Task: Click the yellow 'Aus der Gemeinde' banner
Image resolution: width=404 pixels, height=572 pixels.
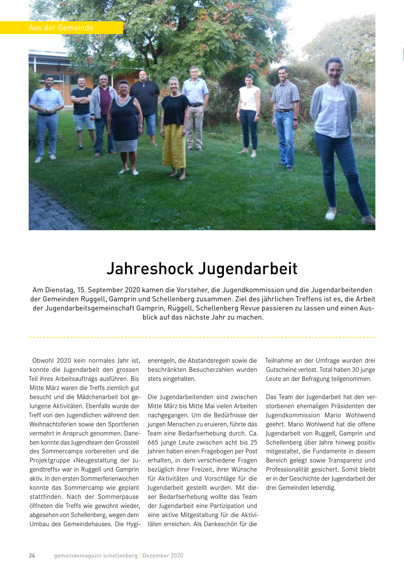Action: click(x=61, y=28)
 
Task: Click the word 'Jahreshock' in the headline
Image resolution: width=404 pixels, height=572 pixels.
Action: click(x=150, y=269)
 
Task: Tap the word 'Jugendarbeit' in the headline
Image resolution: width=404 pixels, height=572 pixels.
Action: click(x=247, y=269)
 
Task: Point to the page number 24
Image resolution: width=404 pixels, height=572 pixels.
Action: click(x=32, y=555)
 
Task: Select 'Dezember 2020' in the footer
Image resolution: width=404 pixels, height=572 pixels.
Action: click(x=163, y=555)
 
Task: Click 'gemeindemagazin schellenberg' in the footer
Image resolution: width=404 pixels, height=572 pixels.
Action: click(x=96, y=555)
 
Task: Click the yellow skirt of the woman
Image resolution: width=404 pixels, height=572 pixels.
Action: click(x=174, y=147)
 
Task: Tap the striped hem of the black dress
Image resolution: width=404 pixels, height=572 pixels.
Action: click(x=125, y=146)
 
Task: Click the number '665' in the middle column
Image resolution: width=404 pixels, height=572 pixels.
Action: click(x=153, y=442)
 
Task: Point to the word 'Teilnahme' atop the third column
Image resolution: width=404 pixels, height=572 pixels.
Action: click(x=279, y=361)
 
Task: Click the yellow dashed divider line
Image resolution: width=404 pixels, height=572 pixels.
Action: click(x=202, y=337)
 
